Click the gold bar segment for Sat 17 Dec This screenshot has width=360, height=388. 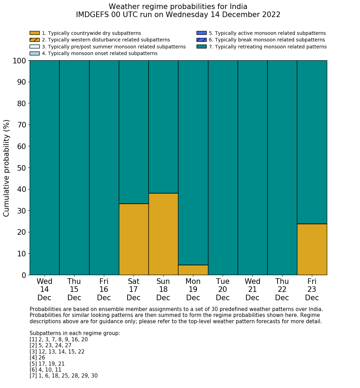[x=133, y=239]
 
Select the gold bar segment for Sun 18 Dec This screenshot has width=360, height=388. [x=163, y=234]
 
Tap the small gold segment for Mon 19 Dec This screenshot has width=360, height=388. [x=193, y=270]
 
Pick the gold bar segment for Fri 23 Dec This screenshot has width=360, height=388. [x=312, y=249]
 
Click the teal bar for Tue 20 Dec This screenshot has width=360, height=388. [x=223, y=167]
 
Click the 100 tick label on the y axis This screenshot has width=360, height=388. [x=20, y=61]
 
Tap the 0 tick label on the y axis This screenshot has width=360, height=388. [x=24, y=275]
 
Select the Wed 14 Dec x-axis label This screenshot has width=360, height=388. [x=44, y=289]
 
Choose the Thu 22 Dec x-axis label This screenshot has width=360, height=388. [x=282, y=289]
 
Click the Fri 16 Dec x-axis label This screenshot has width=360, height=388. [x=104, y=289]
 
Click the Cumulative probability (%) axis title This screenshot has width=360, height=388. [x=7, y=168]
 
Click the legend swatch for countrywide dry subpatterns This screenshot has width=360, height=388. [x=35, y=33]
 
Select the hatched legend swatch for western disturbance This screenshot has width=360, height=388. [x=35, y=40]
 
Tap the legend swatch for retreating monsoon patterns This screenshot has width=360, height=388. [x=201, y=47]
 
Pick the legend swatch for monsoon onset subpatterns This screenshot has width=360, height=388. [x=35, y=53]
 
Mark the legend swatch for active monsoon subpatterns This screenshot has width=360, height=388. [x=201, y=33]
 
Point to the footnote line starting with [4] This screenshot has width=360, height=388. [x=37, y=358]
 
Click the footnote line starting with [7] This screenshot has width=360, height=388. [x=63, y=376]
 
